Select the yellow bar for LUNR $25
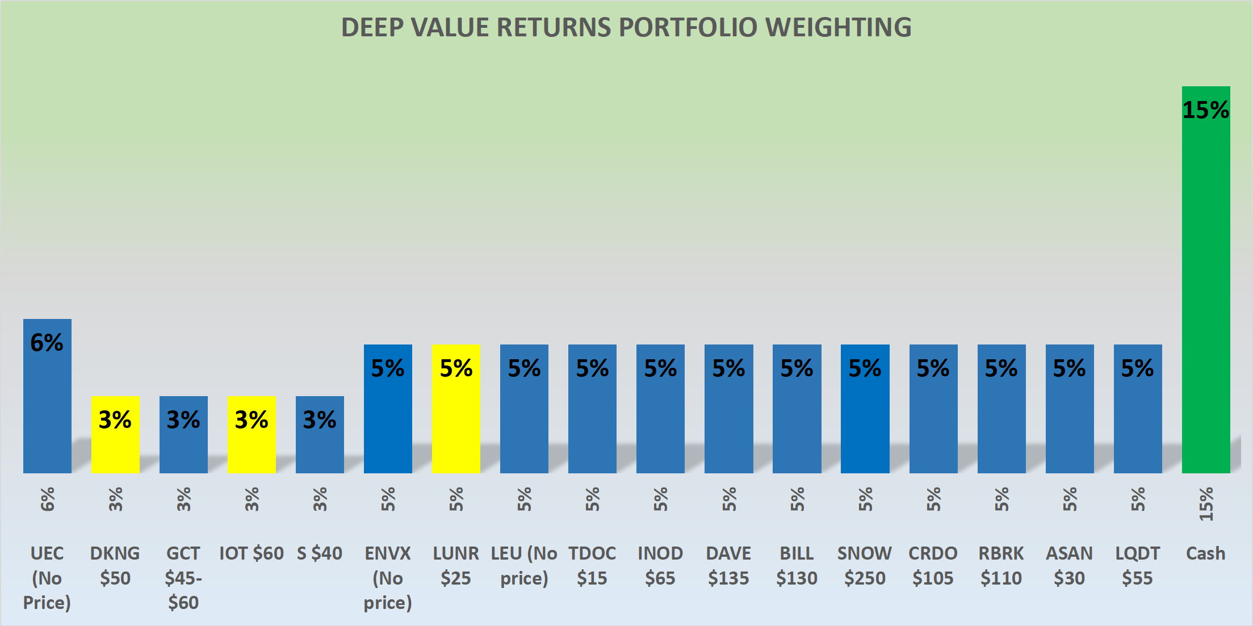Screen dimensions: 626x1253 pyautogui.click(x=456, y=420)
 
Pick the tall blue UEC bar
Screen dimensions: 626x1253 pyautogui.click(x=47, y=409)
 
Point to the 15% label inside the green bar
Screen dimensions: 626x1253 pyautogui.click(x=1205, y=110)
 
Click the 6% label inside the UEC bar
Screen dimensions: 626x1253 pyautogui.click(x=47, y=343)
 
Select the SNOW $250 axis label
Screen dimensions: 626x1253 pyautogui.click(x=864, y=565)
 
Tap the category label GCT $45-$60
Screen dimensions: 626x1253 pyautogui.click(x=183, y=577)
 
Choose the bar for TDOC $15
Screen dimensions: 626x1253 pyautogui.click(x=592, y=420)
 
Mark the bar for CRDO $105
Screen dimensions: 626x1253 pyautogui.click(x=933, y=420)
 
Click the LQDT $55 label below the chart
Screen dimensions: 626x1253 pyautogui.click(x=1137, y=565)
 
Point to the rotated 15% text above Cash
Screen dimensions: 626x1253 pyautogui.click(x=1205, y=503)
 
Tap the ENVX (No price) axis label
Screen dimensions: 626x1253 pyautogui.click(x=388, y=577)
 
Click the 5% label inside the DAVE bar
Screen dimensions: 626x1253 pyautogui.click(x=728, y=369)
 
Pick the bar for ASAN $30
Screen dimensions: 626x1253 pyautogui.click(x=1069, y=420)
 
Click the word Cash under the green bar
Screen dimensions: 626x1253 pyautogui.click(x=1205, y=553)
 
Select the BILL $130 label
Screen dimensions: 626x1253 pyautogui.click(x=797, y=565)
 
